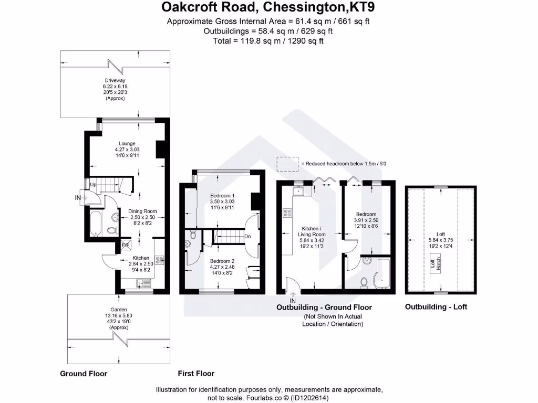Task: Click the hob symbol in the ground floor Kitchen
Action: tap(159, 259)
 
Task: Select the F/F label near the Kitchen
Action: tap(126, 245)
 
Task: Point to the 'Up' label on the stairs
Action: tap(93, 185)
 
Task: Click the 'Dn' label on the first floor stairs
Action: tap(247, 236)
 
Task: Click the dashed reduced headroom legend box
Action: tap(287, 164)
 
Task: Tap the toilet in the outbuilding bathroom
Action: tap(364, 282)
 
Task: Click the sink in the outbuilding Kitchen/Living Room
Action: tap(299, 192)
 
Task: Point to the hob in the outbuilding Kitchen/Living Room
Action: tap(288, 213)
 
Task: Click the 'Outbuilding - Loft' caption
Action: tap(436, 307)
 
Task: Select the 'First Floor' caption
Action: tap(196, 374)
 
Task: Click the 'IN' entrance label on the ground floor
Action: tap(78, 198)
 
